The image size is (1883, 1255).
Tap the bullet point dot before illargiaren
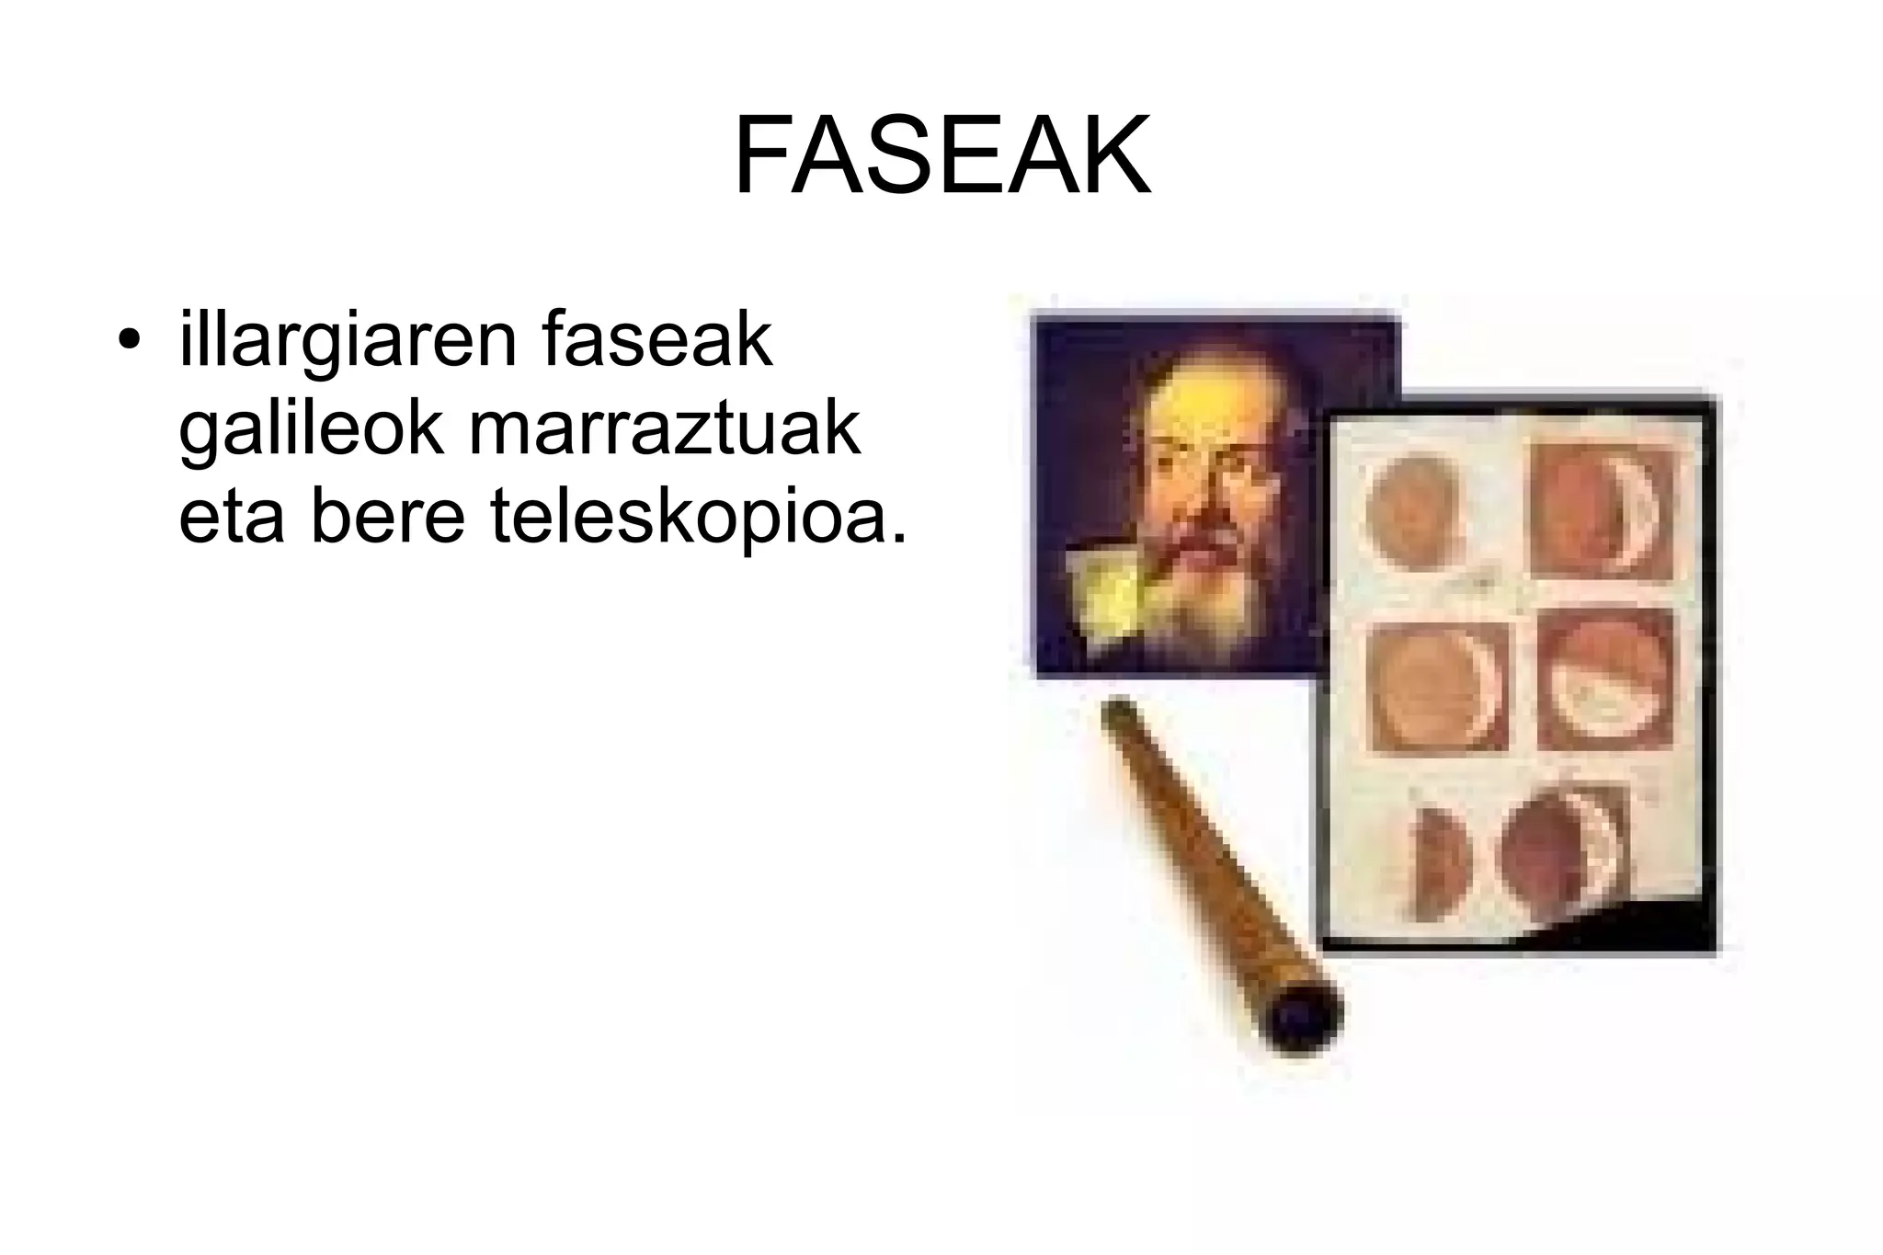coord(130,341)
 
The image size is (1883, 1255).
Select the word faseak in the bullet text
coord(657,340)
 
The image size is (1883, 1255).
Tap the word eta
coord(231,517)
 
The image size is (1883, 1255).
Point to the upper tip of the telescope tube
coord(1119,713)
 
